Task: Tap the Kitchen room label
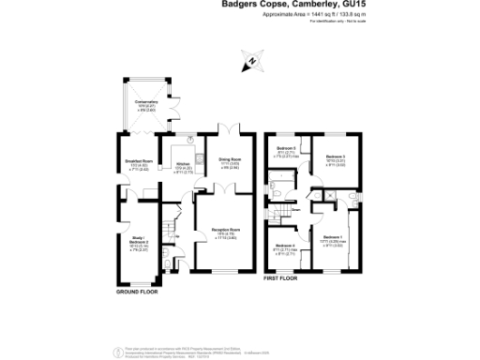pyautogui.click(x=184, y=165)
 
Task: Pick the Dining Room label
pyautogui.click(x=230, y=160)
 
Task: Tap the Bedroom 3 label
pyautogui.click(x=336, y=157)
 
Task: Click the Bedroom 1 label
pyautogui.click(x=333, y=238)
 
